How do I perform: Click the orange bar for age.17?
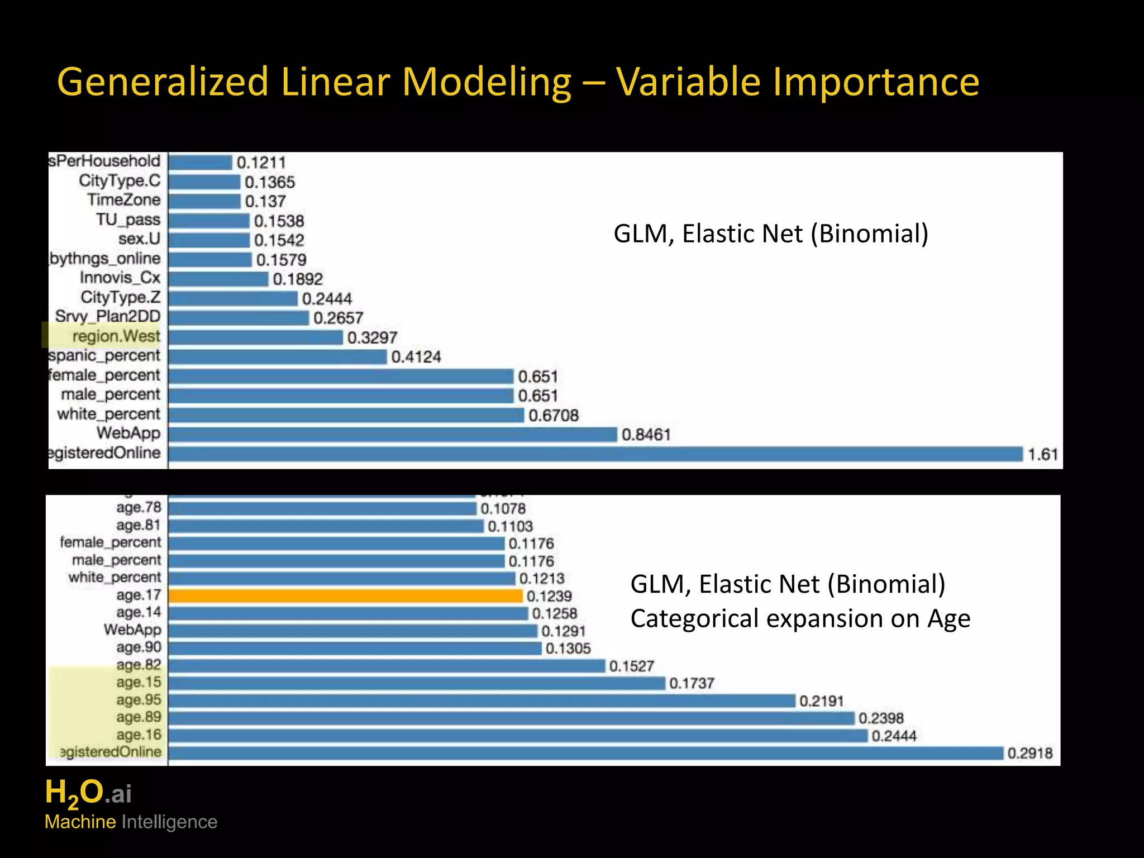(x=345, y=596)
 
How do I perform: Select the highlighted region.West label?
(x=116, y=336)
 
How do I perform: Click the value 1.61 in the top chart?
(x=1042, y=454)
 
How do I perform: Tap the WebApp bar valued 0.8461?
(x=392, y=435)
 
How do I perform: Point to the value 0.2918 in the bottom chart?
(x=1029, y=754)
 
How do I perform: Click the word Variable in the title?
(x=688, y=82)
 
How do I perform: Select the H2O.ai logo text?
(x=88, y=793)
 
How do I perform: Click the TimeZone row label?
(x=123, y=200)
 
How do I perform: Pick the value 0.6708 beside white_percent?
(x=553, y=416)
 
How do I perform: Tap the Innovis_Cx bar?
(x=218, y=279)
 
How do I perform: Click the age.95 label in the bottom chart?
(x=139, y=700)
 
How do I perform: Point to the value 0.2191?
(x=821, y=701)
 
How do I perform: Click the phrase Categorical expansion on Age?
(x=800, y=619)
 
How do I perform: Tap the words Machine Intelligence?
(x=131, y=822)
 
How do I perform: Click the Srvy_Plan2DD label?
(x=108, y=317)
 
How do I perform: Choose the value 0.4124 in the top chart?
(x=416, y=357)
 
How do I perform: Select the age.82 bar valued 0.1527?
(x=386, y=666)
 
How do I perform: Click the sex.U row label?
(x=139, y=239)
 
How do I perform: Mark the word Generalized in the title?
(x=163, y=82)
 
